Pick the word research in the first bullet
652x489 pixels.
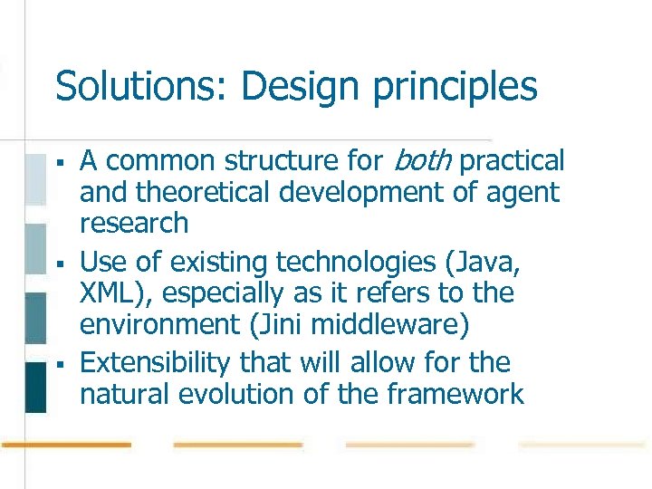[x=134, y=224]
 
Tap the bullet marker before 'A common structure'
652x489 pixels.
[x=59, y=163]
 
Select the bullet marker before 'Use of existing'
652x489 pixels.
[x=59, y=264]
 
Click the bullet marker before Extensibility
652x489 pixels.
[x=59, y=365]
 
